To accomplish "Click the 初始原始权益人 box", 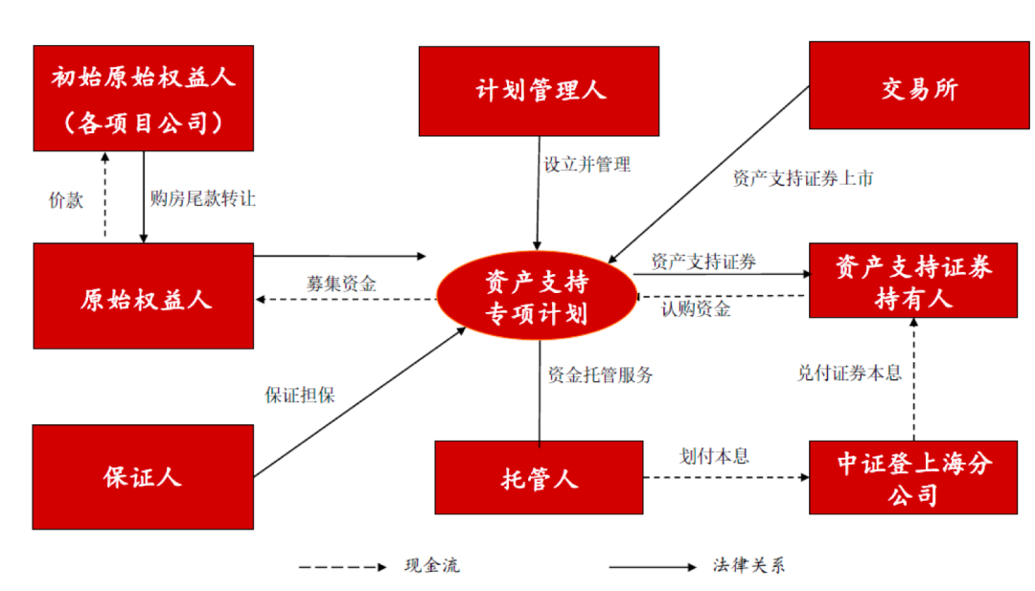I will (143, 98).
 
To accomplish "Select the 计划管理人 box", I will (539, 91).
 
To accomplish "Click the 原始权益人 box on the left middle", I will (143, 296).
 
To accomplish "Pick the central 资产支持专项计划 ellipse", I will (537, 298).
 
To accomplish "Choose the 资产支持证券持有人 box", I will (912, 281).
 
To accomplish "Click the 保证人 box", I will (143, 477).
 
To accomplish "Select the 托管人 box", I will (539, 477).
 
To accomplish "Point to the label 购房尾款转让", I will (202, 199).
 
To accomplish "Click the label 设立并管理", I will (586, 164).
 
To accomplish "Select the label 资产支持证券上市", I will (802, 178).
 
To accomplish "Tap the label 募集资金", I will (341, 284).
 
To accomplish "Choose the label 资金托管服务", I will (600, 375).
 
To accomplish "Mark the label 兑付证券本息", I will (849, 374).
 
